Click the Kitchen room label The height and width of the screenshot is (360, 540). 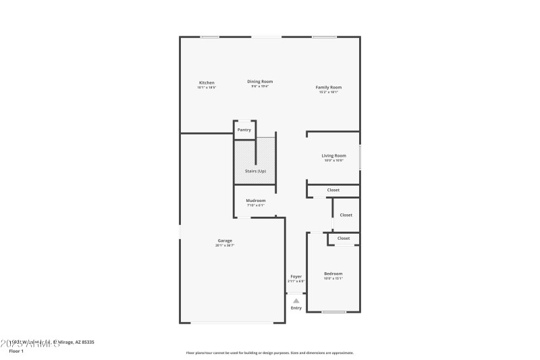206,82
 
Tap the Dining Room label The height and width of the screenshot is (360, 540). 260,81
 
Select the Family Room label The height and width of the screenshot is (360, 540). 329,87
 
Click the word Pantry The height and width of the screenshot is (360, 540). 244,130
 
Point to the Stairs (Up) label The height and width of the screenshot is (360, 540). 255,171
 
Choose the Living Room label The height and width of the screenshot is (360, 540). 333,155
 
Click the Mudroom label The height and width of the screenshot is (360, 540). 255,200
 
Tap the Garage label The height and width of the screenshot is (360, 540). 225,240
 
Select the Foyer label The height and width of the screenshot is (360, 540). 296,276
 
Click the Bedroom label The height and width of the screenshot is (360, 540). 333,274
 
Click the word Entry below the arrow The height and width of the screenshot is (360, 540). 296,308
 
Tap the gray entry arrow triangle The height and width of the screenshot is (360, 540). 296,301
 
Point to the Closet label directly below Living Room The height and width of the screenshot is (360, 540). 333,190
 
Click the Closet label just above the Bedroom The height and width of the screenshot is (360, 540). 344,238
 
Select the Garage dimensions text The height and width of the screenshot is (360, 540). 225,245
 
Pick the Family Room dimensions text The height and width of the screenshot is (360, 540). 329,92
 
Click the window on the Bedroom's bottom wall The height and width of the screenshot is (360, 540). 333,312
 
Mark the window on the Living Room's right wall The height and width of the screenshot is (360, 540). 360,157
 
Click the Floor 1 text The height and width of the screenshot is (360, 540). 16,351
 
